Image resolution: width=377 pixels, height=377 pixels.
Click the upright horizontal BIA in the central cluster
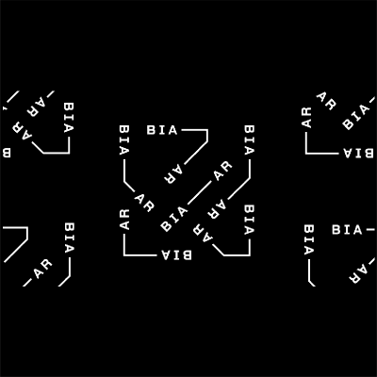[x=162, y=130]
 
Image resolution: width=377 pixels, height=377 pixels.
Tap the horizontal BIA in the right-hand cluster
[x=347, y=230]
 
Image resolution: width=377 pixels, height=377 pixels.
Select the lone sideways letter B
[x=7, y=153]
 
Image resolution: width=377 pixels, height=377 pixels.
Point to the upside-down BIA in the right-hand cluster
[x=356, y=153]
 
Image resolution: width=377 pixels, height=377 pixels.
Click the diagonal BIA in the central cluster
[x=174, y=219]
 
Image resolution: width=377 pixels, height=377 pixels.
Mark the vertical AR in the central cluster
[x=124, y=220]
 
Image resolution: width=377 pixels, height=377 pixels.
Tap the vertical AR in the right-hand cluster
[x=306, y=118]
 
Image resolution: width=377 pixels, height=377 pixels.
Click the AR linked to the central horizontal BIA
[x=173, y=173]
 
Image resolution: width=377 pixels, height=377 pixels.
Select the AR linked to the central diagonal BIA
[x=222, y=171]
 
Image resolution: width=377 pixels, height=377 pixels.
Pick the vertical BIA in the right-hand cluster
[x=309, y=239]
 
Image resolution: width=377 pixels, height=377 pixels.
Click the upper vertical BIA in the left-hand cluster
[x=69, y=117]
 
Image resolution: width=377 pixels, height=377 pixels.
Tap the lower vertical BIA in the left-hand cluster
[x=69, y=238]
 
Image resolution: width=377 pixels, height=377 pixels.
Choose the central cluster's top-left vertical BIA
[x=124, y=140]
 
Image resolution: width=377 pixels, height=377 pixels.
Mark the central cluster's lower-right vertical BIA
[x=249, y=220]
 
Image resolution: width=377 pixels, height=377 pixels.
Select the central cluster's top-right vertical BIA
[x=249, y=140]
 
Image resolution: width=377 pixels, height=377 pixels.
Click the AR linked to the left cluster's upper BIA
[x=24, y=132]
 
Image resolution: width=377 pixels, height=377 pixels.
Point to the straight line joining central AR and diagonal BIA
[x=200, y=193]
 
